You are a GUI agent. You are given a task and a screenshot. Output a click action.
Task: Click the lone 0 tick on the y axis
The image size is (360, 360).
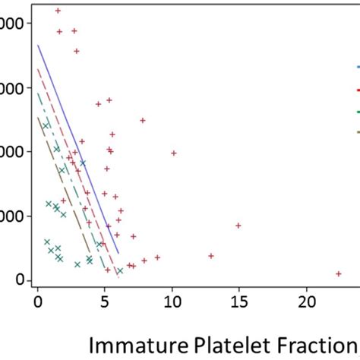point(21,280)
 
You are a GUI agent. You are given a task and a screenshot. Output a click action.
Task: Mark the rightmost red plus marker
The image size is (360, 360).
point(339,273)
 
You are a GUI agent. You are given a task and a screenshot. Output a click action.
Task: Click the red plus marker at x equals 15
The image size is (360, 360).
point(238,226)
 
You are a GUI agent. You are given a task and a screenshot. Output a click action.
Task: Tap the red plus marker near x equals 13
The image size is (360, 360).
point(211,256)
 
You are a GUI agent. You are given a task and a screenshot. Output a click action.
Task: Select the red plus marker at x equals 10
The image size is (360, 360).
point(174,153)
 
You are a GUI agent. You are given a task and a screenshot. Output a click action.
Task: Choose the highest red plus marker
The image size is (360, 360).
point(58,11)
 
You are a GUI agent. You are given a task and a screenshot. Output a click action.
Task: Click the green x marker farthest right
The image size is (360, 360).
point(119,270)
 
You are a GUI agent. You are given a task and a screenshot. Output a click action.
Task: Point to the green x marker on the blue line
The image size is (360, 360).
point(83,163)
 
